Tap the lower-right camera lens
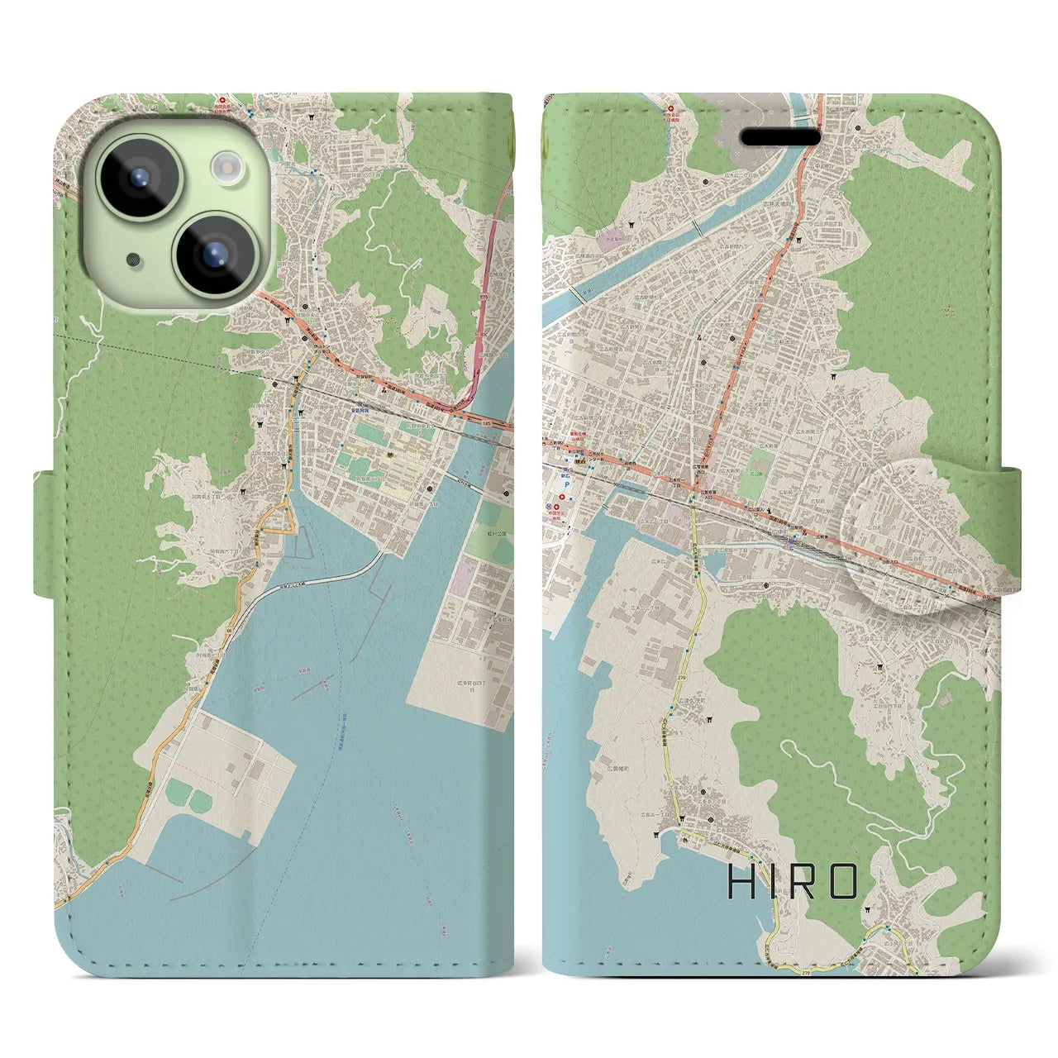[x=213, y=249]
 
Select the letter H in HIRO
[x=740, y=883]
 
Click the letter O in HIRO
[x=842, y=883]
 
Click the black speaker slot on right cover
[x=780, y=136]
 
